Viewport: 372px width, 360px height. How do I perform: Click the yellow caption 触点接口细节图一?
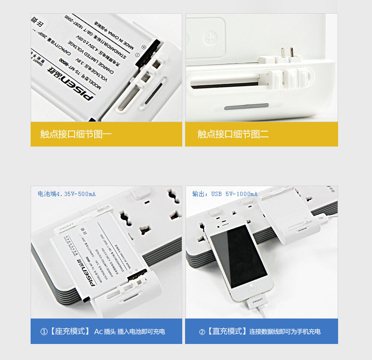(x=76, y=134)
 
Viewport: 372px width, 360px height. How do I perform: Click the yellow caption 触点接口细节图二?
(x=233, y=134)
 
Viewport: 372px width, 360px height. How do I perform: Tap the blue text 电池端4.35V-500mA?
(x=67, y=194)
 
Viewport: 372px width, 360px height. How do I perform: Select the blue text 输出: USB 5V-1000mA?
(x=225, y=194)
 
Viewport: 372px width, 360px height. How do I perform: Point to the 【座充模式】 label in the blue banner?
(x=69, y=332)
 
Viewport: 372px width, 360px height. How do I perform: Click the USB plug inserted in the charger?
(x=323, y=219)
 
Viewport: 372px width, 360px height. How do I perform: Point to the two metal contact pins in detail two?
(x=286, y=51)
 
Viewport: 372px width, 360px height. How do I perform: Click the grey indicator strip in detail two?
(x=246, y=106)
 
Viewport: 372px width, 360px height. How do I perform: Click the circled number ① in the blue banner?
(x=44, y=332)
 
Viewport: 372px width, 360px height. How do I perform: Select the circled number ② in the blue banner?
(x=202, y=332)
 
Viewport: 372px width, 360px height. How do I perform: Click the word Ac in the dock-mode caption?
(x=98, y=332)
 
